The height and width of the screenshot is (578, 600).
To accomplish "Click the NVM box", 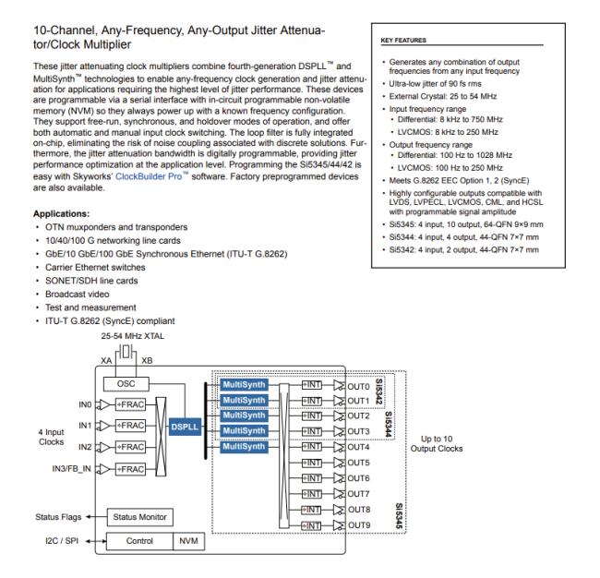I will pos(186,540).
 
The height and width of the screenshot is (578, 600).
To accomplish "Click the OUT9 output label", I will pos(360,524).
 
